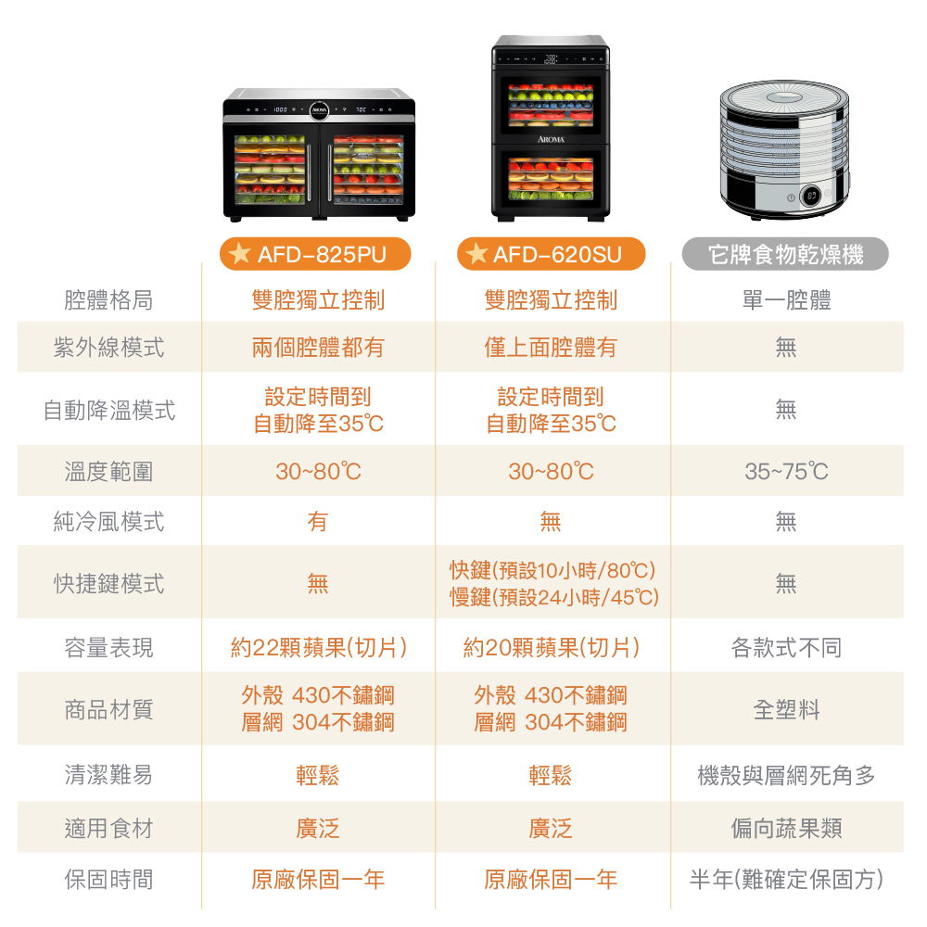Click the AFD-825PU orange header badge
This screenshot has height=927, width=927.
(315, 254)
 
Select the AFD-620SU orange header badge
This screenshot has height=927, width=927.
(551, 254)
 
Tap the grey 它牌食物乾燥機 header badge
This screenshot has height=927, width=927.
(785, 254)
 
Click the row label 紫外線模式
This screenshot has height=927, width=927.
(108, 347)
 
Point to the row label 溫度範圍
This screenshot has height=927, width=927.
(108, 471)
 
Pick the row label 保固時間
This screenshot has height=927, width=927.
(108, 879)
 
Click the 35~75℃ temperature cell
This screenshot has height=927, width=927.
(786, 471)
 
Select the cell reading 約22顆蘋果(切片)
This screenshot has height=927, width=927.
(319, 647)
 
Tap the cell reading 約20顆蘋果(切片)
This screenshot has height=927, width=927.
(551, 647)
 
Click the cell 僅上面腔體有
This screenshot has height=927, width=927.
(551, 347)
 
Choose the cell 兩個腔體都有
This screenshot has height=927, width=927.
(319, 347)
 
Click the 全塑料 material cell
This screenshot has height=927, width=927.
(786, 709)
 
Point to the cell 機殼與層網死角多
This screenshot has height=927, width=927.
(786, 775)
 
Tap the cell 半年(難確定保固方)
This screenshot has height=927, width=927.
(786, 879)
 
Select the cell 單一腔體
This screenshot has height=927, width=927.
(786, 299)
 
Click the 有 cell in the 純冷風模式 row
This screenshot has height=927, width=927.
(318, 521)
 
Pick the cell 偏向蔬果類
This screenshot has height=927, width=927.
(786, 828)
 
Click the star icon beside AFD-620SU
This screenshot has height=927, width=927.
(476, 254)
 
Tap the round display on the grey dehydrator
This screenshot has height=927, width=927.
(811, 196)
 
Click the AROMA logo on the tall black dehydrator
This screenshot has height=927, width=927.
(551, 140)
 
